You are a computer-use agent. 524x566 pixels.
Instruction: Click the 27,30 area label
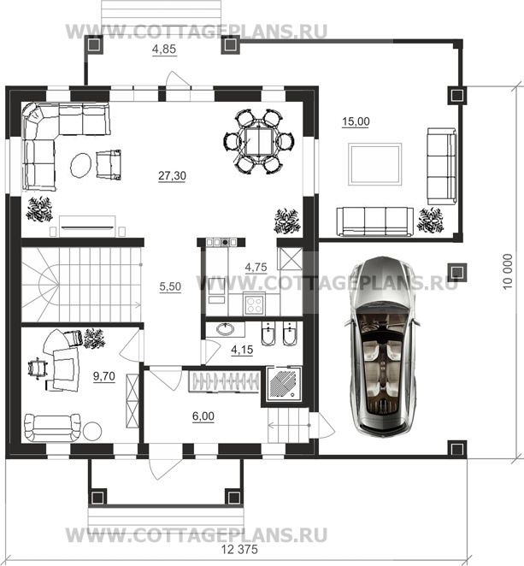click(172, 176)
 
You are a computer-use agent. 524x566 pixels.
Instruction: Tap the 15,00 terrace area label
click(356, 121)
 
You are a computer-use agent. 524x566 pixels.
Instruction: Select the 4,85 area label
click(164, 49)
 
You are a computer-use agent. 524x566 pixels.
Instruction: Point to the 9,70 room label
click(104, 376)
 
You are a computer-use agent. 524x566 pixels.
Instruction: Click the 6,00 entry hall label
click(203, 416)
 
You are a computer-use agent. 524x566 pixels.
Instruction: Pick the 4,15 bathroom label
click(242, 350)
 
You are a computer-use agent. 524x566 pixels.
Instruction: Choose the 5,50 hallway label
click(170, 286)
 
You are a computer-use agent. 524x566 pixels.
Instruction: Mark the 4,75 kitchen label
click(256, 268)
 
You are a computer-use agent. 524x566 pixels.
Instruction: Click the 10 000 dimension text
click(508, 271)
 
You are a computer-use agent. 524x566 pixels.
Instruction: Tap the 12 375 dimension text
click(239, 550)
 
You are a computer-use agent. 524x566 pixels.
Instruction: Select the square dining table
click(258, 142)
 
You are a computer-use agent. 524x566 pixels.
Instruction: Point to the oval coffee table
click(80, 165)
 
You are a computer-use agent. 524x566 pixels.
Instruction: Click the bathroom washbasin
click(226, 329)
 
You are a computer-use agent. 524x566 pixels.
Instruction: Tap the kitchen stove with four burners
click(254, 304)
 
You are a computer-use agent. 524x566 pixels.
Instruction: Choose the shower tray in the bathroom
click(285, 384)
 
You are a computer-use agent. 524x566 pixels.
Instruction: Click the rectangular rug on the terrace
click(375, 164)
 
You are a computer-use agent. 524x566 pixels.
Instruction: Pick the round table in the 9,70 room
click(92, 431)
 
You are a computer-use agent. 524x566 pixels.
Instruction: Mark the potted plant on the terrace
click(430, 220)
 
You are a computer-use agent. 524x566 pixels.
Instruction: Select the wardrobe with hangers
click(225, 381)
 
